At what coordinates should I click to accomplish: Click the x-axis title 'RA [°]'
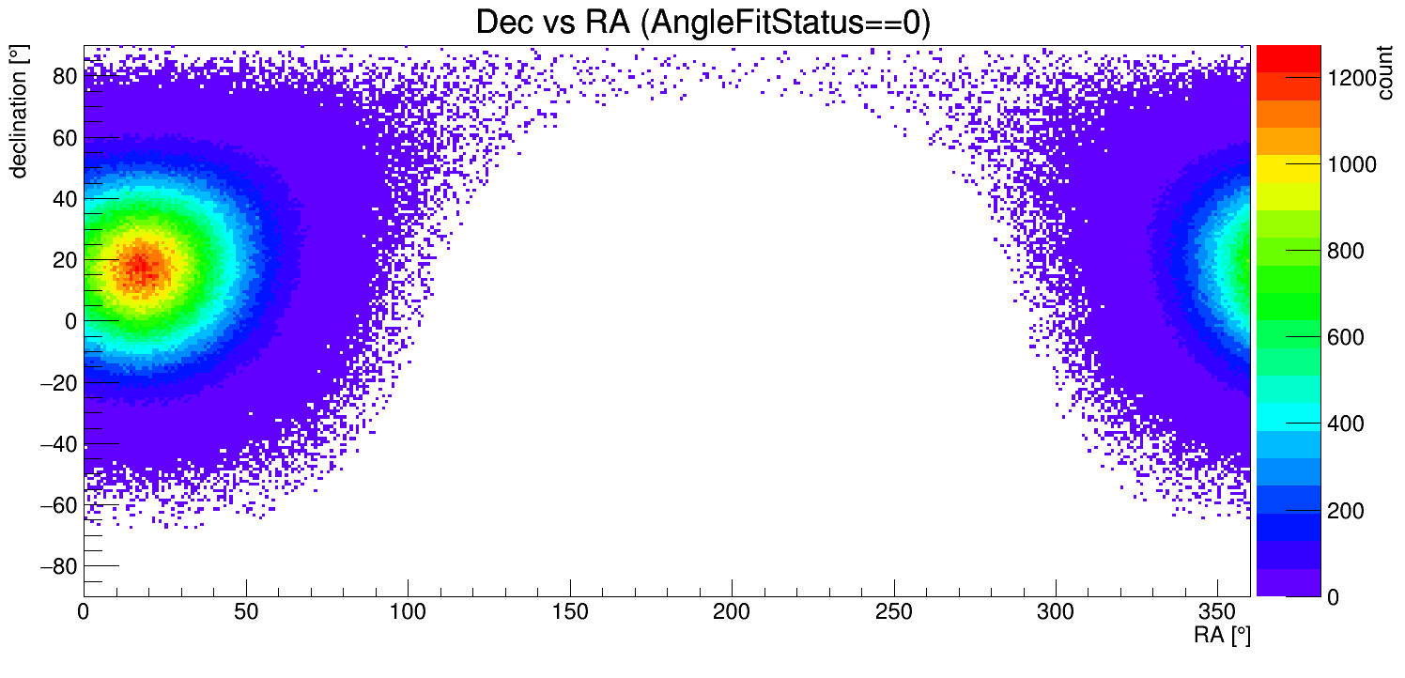point(1222,636)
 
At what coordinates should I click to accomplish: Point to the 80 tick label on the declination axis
point(64,77)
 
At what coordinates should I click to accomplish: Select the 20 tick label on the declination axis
point(64,260)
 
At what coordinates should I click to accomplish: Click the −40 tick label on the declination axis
point(58,444)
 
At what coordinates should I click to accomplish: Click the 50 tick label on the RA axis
point(246,612)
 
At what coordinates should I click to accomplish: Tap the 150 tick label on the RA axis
point(570,612)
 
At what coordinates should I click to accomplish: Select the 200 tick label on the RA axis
point(732,612)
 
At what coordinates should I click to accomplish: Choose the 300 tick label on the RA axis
point(1056,612)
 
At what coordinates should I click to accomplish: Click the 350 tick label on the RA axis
point(1217,612)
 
